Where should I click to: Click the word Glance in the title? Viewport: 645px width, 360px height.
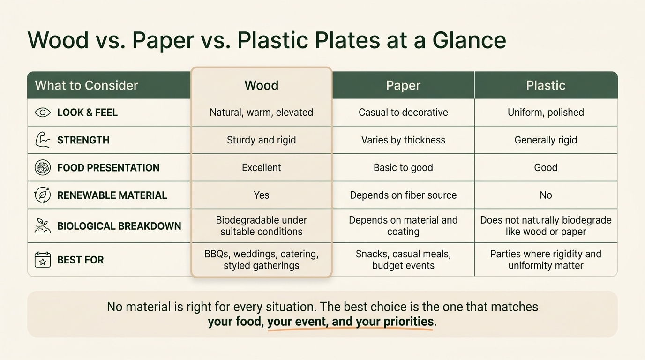tap(469, 40)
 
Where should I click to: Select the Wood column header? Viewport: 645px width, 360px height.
tap(262, 85)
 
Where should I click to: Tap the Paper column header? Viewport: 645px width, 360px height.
tap(403, 85)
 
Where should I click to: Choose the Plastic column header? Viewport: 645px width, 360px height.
tap(546, 85)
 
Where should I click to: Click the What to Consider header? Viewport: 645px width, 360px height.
tap(86, 85)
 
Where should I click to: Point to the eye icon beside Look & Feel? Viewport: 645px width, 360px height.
tap(43, 112)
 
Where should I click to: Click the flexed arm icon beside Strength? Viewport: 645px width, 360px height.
tap(42, 140)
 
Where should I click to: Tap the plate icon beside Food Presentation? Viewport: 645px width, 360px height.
tap(43, 167)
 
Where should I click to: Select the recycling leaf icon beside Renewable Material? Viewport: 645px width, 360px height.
tap(43, 195)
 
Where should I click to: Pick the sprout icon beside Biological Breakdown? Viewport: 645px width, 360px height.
tap(43, 226)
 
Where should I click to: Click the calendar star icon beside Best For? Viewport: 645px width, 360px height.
tap(43, 260)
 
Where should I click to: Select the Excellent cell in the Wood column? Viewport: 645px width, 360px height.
tap(262, 167)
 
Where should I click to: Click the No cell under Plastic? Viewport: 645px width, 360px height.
tap(546, 195)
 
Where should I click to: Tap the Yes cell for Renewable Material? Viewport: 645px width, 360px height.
tap(262, 195)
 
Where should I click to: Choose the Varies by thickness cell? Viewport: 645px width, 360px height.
tap(403, 140)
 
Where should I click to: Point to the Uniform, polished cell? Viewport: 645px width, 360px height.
tap(546, 112)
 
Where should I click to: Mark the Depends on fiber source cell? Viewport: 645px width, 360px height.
tap(403, 195)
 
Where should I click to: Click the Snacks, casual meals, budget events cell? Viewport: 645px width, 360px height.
tap(403, 260)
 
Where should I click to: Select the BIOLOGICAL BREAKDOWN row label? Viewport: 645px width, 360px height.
tap(119, 226)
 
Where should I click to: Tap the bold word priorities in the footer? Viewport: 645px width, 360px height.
tap(409, 322)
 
